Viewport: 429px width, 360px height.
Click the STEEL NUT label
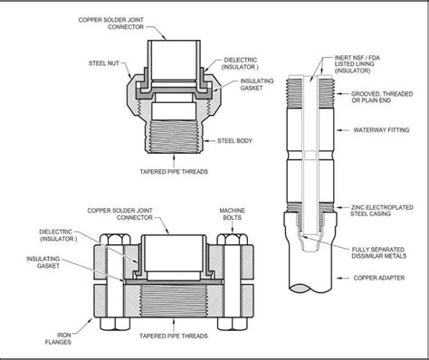[x=104, y=63]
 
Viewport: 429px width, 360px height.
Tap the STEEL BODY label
[x=234, y=141]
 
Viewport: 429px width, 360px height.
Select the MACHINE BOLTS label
[x=232, y=213]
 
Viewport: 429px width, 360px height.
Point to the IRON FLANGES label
[x=58, y=338]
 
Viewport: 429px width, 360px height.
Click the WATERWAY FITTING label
[x=381, y=130]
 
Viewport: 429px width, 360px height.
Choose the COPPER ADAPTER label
[x=379, y=278]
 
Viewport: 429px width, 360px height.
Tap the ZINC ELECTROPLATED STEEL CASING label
[x=382, y=211]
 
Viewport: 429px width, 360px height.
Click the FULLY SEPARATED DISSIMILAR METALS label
[x=379, y=252]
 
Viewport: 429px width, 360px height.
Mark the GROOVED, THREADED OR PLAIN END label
[x=382, y=97]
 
